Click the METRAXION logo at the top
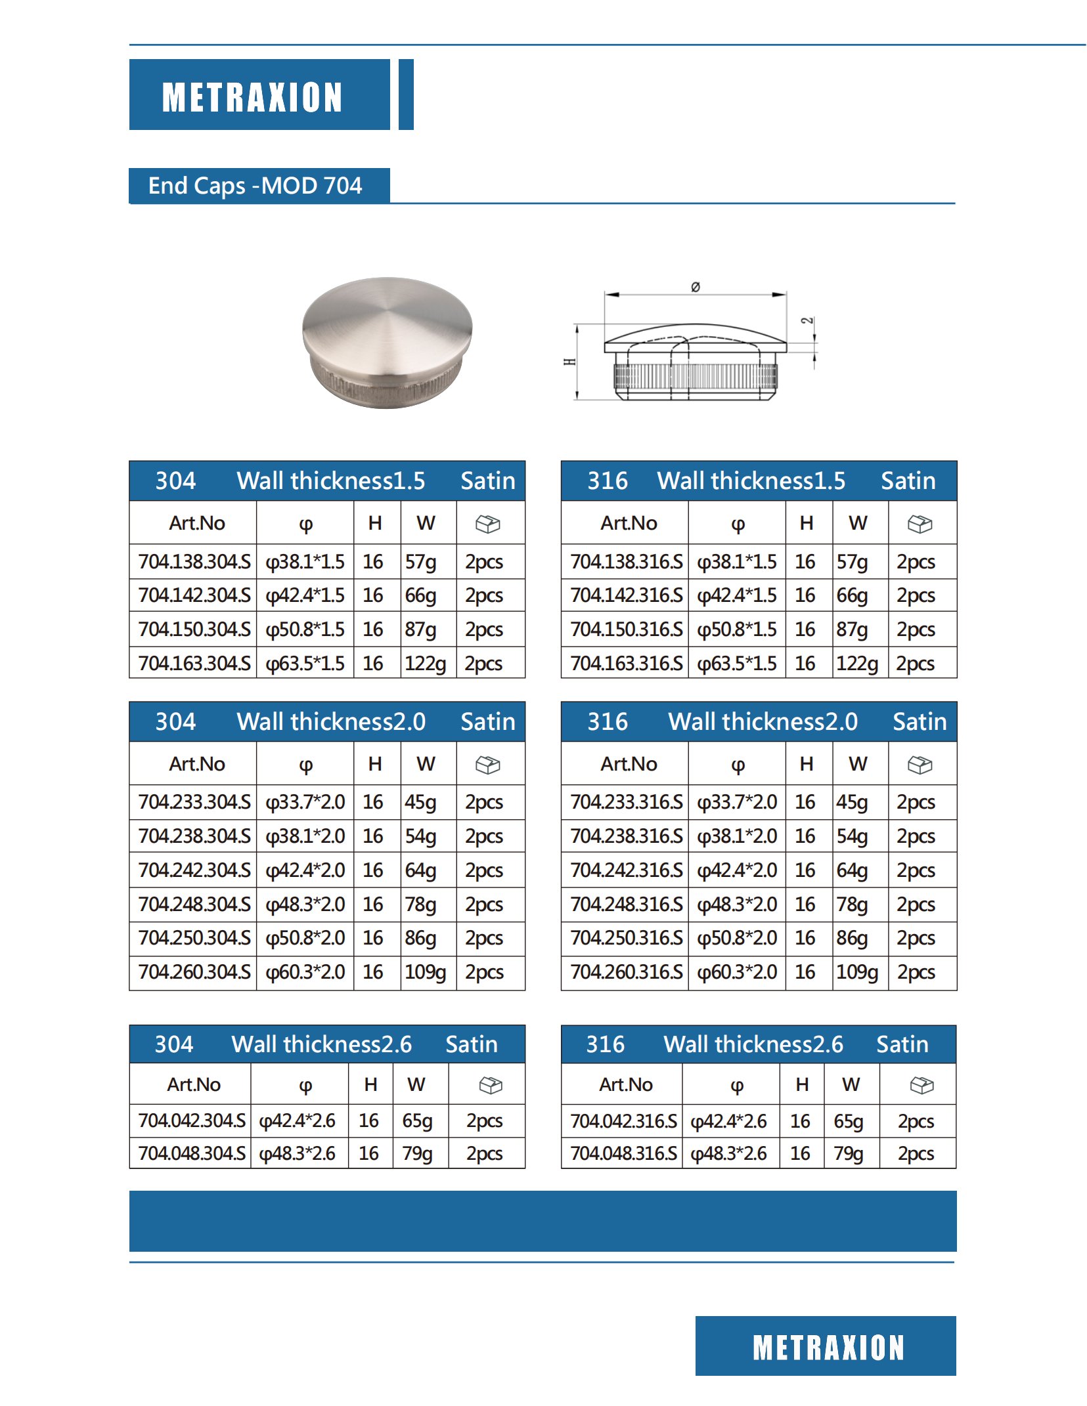(252, 97)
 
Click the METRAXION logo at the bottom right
(828, 1348)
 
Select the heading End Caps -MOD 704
(255, 186)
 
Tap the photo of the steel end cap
(387, 341)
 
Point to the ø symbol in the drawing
(696, 287)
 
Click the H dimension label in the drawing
(570, 362)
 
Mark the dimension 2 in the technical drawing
(807, 321)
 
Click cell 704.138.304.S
(194, 562)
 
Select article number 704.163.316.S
(626, 664)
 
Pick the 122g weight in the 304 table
(425, 664)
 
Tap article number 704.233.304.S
(194, 802)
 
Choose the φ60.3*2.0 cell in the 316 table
(737, 972)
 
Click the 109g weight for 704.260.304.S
(425, 972)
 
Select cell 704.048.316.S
(623, 1153)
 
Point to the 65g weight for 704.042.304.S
(417, 1120)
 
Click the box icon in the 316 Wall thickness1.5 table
(920, 524)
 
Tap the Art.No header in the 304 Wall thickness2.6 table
(193, 1084)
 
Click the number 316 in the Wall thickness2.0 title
(607, 722)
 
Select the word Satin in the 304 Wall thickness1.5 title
(487, 481)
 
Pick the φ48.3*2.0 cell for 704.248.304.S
(305, 905)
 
